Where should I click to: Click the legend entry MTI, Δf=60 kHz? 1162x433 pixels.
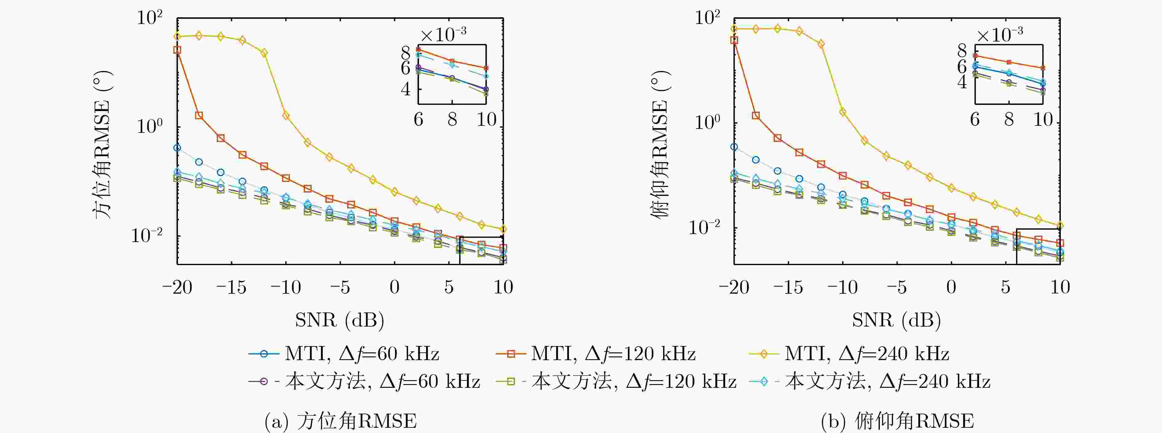point(344,354)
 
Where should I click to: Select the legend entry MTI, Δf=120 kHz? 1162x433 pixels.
point(595,354)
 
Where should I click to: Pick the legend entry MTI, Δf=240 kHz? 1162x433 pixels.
point(849,354)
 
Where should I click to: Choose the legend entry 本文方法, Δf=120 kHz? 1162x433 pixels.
point(616,382)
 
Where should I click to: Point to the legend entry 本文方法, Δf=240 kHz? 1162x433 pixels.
point(870,382)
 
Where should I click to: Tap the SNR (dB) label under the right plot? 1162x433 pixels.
point(896,320)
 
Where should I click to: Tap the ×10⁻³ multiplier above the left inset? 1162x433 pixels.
point(443,34)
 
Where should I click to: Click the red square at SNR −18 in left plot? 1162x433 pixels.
point(199,115)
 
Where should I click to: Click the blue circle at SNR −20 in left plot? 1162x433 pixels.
point(177,148)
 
